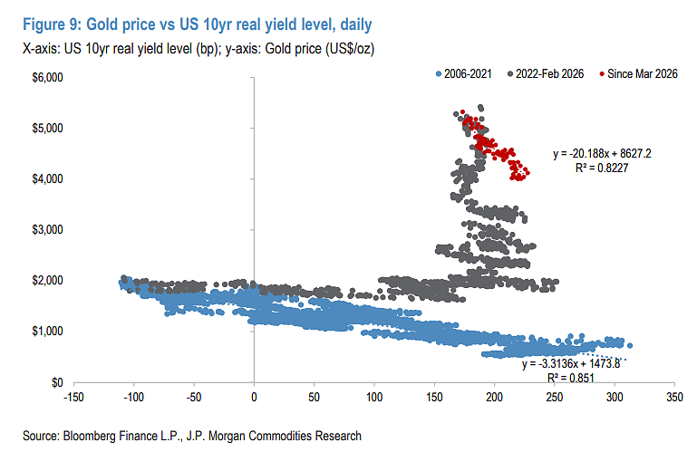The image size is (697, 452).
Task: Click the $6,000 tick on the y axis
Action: (x=47, y=77)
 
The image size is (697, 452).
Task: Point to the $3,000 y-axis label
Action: (x=47, y=229)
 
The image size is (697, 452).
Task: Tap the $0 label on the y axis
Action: (x=57, y=382)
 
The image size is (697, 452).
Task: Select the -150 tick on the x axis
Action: (x=73, y=397)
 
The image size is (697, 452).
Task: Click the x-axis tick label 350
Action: (x=674, y=397)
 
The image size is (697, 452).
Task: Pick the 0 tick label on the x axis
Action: (x=254, y=397)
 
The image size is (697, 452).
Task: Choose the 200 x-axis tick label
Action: (x=494, y=397)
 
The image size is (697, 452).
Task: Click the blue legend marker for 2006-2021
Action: (x=439, y=73)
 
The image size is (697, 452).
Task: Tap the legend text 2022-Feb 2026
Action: (x=549, y=73)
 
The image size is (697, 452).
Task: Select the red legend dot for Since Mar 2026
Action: (x=602, y=73)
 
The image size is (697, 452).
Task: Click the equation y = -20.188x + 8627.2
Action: (x=602, y=154)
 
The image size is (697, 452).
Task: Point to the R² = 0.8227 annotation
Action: (x=602, y=168)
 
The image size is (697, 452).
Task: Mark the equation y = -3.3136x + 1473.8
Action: (x=571, y=364)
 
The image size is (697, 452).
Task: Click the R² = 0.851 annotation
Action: (x=571, y=378)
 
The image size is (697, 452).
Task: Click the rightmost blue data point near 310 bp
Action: (x=629, y=345)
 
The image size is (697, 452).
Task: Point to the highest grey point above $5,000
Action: (x=480, y=107)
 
